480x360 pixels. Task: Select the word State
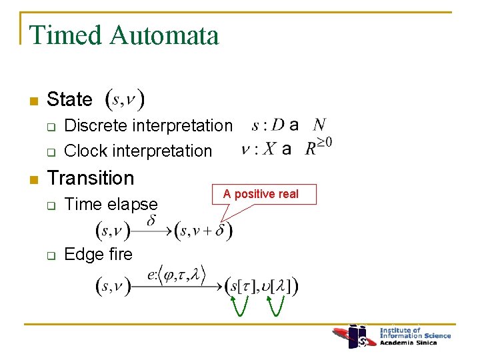pyautogui.click(x=70, y=100)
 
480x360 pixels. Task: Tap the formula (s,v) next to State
pyautogui.click(x=127, y=101)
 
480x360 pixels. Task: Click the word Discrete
pyautogui.click(x=95, y=125)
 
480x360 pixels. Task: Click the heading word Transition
pyautogui.click(x=91, y=178)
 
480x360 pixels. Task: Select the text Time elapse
pyautogui.click(x=111, y=204)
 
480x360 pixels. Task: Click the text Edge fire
pyautogui.click(x=99, y=254)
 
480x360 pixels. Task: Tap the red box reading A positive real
pyautogui.click(x=261, y=195)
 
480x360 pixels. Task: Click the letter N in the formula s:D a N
pyautogui.click(x=319, y=125)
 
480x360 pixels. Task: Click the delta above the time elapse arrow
pyautogui.click(x=151, y=219)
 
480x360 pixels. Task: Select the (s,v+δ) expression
pyautogui.click(x=203, y=231)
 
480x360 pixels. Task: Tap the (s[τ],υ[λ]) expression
pyautogui.click(x=261, y=286)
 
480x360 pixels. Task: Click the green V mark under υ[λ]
pyautogui.click(x=277, y=305)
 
